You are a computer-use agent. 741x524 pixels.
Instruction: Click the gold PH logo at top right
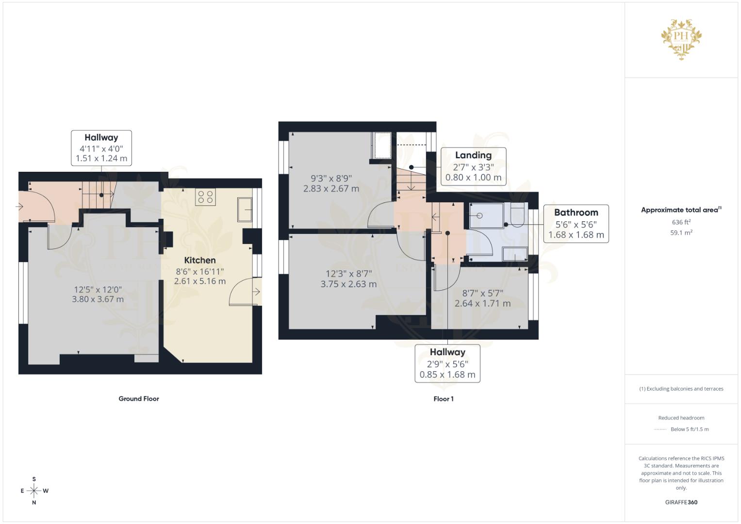(x=681, y=39)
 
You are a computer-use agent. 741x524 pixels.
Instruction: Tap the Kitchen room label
(x=200, y=261)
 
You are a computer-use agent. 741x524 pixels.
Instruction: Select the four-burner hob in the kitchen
(x=205, y=197)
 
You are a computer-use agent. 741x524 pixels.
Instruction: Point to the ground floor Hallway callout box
(x=101, y=147)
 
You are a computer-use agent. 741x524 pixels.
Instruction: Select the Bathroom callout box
(x=576, y=224)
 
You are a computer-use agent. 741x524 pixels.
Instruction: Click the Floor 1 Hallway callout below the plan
(x=447, y=363)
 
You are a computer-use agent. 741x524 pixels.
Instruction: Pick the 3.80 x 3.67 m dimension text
(x=98, y=299)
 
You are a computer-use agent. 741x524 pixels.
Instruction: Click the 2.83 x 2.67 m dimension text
(x=331, y=189)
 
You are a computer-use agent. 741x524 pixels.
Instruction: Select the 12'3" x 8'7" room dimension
(x=348, y=274)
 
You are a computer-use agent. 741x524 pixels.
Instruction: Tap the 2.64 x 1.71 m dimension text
(x=482, y=304)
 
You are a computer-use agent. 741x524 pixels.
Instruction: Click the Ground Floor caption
(x=139, y=399)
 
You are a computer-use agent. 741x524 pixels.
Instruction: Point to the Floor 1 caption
(x=444, y=399)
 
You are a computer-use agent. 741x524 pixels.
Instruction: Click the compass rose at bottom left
(x=34, y=491)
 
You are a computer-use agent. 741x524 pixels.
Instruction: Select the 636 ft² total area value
(x=681, y=222)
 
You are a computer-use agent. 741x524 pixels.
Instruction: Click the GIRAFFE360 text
(x=681, y=502)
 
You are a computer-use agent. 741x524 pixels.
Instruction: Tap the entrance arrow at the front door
(x=19, y=207)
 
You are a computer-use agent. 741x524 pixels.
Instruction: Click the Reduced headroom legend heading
(x=681, y=418)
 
